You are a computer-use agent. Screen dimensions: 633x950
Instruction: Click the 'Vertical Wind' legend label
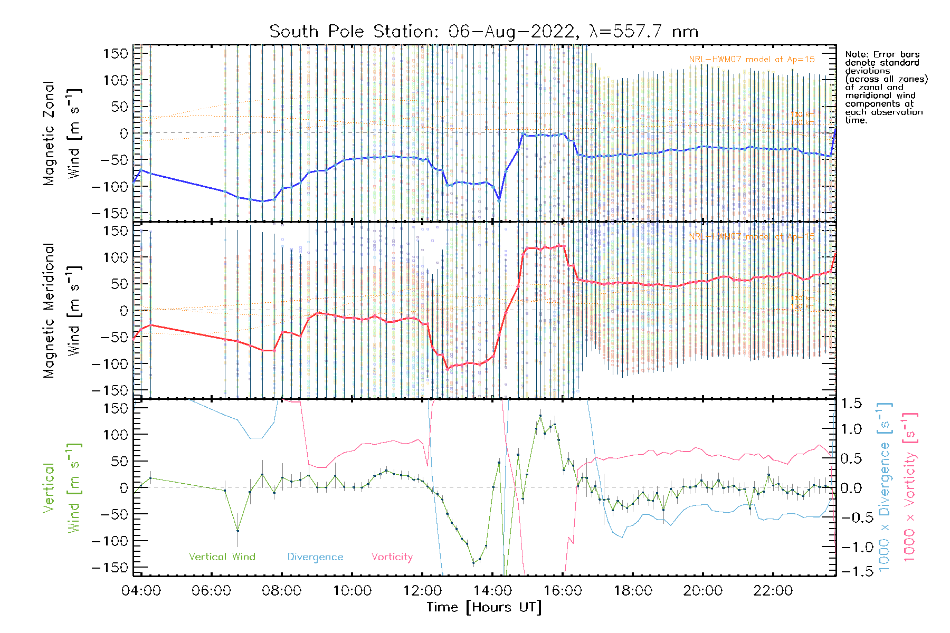(x=222, y=557)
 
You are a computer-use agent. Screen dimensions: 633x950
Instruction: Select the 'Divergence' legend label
(x=315, y=557)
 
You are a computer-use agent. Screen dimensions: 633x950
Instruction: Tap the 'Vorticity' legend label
(x=392, y=557)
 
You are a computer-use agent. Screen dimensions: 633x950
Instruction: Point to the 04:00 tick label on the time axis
(x=141, y=591)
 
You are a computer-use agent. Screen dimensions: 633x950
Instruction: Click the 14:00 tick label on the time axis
(x=492, y=591)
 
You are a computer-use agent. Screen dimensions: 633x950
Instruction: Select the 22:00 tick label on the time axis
(x=773, y=591)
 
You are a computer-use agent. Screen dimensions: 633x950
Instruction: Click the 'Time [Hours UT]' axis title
(x=484, y=607)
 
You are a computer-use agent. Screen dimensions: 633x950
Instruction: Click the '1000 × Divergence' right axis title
(x=885, y=487)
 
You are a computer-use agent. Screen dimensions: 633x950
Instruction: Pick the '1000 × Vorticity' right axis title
(x=909, y=487)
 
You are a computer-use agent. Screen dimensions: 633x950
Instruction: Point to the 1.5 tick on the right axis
(x=851, y=404)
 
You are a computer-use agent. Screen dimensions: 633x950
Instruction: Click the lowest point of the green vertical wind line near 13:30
(x=473, y=563)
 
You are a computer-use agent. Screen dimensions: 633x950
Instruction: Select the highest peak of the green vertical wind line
(x=540, y=416)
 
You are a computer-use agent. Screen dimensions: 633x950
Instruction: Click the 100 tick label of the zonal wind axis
(x=116, y=80)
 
